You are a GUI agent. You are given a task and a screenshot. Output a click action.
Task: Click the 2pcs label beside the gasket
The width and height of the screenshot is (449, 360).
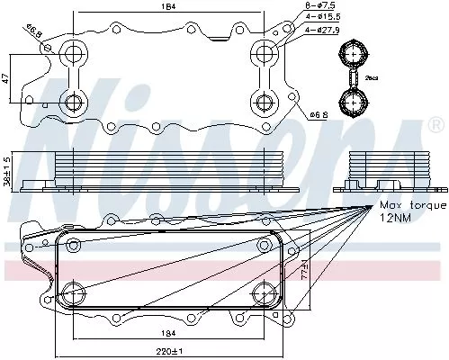371,78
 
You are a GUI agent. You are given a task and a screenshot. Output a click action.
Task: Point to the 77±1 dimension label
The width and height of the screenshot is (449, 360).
304,270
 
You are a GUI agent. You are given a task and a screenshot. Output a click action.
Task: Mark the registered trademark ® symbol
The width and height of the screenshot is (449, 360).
438,123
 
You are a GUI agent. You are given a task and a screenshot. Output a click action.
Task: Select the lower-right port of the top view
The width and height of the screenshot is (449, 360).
263,102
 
